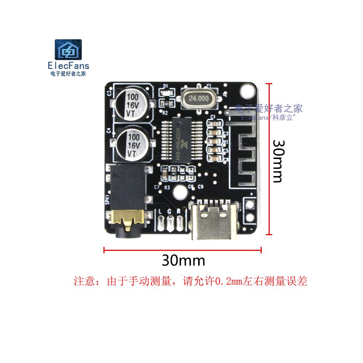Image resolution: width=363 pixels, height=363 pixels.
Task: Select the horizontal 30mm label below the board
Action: pyautogui.click(x=183, y=260)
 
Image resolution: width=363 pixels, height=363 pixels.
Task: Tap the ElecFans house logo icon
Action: pyautogui.click(x=69, y=51)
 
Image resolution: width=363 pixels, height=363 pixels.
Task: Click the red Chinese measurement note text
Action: pyautogui.click(x=191, y=281)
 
